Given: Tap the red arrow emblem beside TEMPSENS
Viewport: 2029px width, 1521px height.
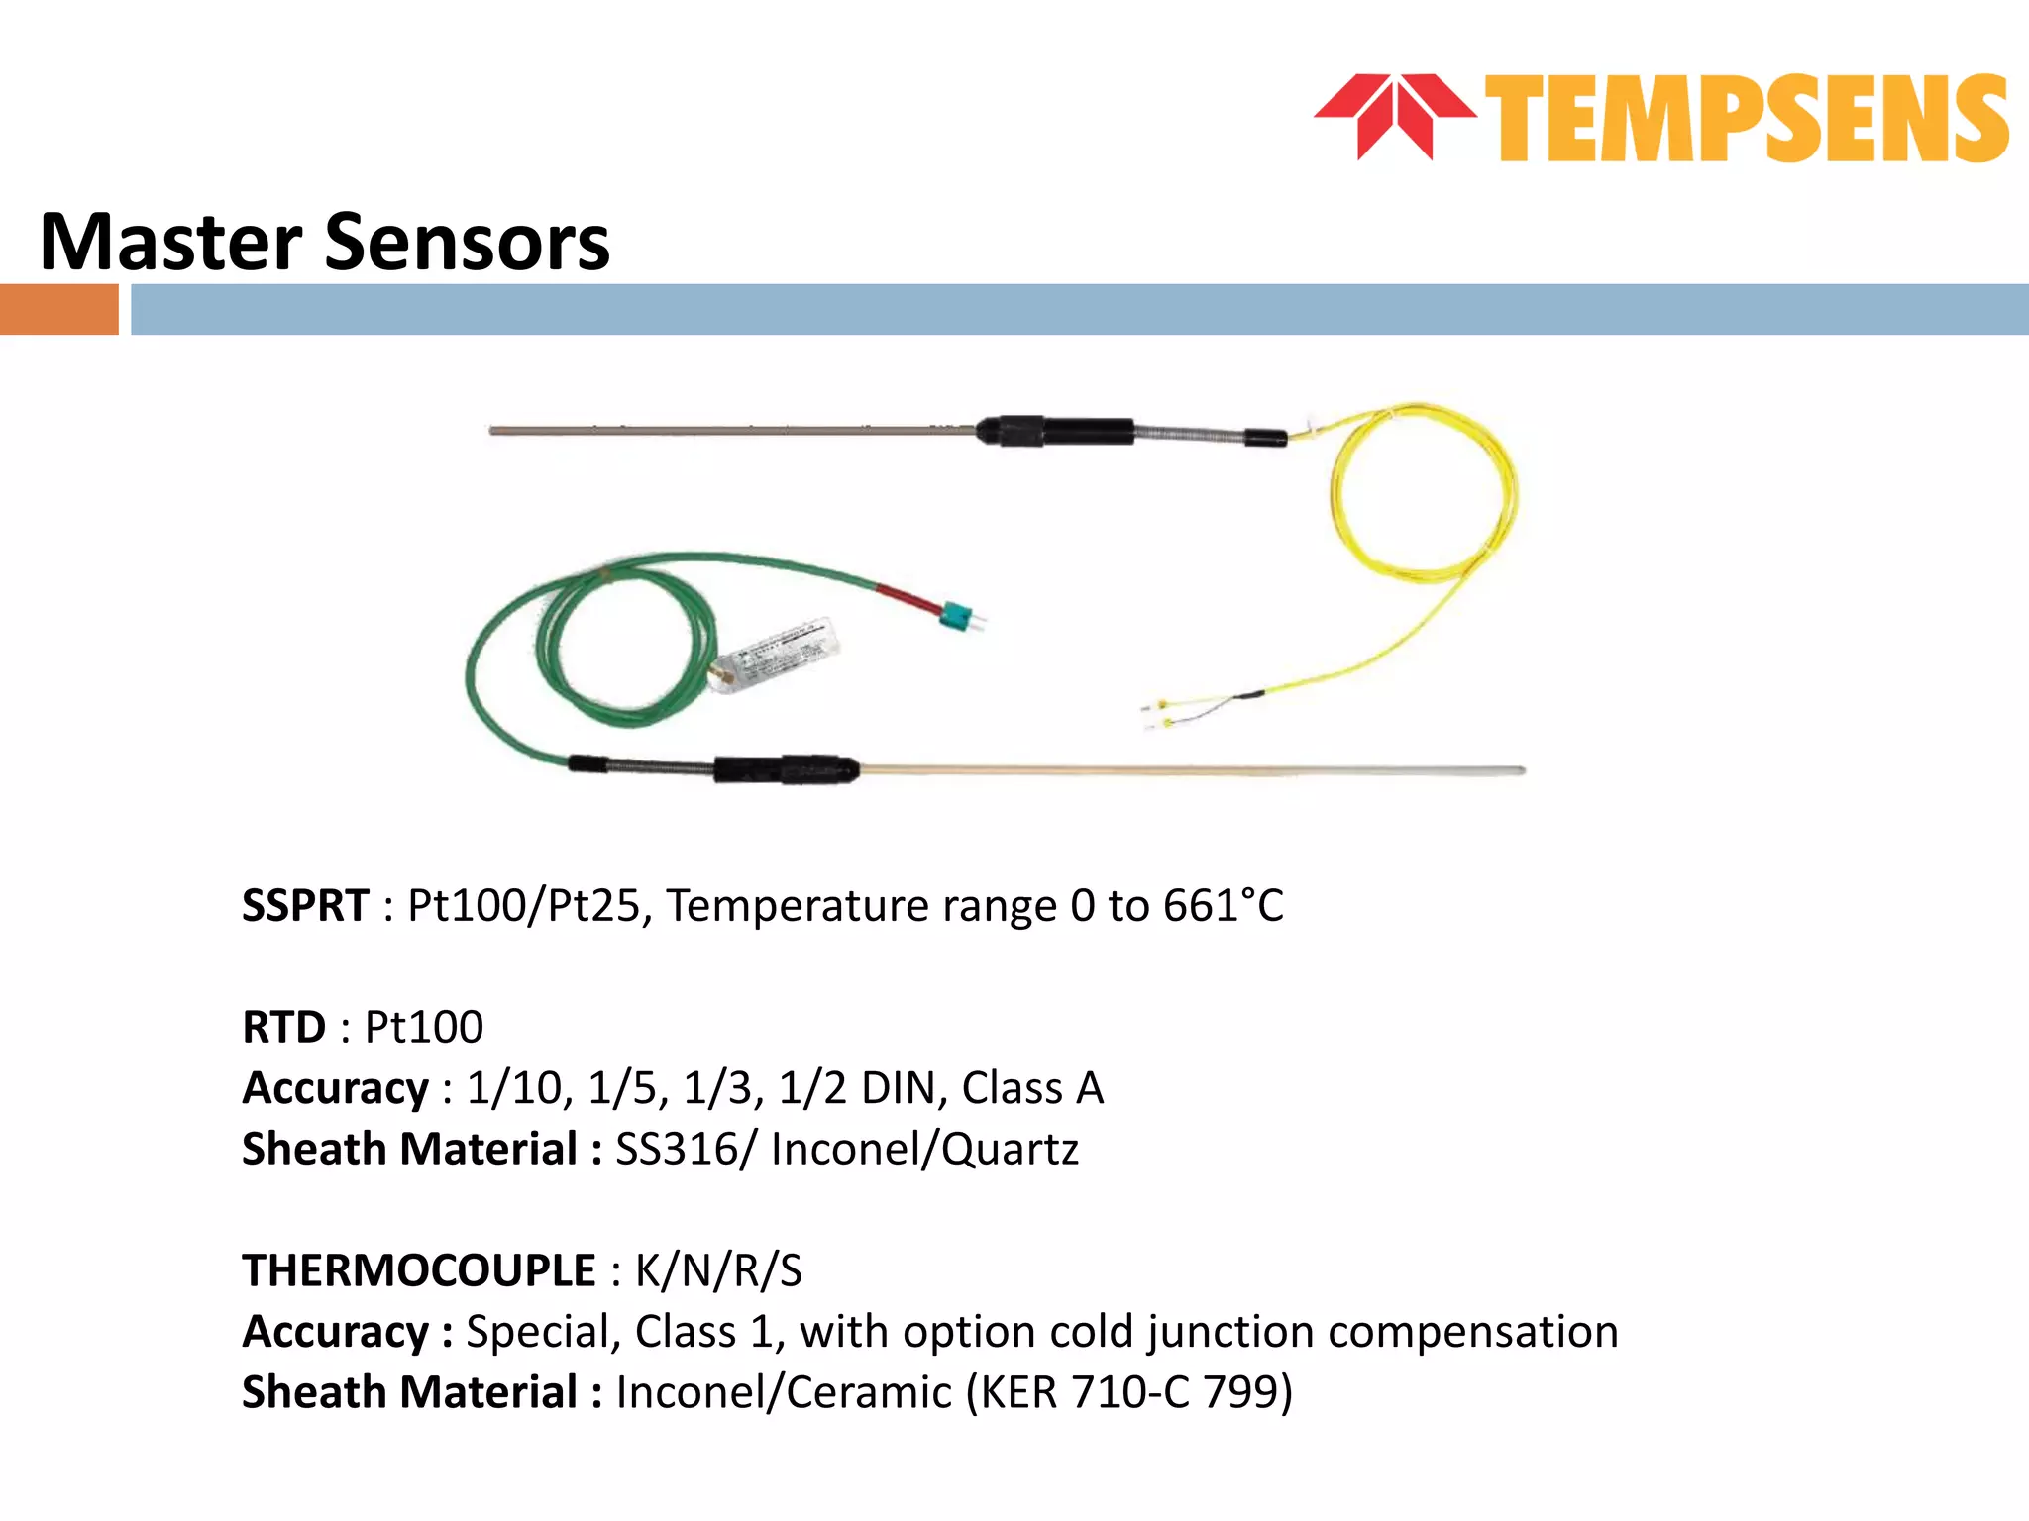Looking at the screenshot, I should point(1394,114).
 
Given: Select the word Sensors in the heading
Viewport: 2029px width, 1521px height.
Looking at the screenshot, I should point(467,243).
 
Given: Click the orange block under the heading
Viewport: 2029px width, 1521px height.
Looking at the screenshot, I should point(58,309).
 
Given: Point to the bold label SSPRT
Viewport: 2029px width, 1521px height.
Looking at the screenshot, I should point(305,906).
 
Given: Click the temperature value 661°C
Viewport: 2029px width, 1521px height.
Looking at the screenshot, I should point(1223,906).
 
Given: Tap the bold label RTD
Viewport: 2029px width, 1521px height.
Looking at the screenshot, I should point(283,1028).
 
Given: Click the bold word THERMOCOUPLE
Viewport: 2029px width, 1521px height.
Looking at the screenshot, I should point(419,1271).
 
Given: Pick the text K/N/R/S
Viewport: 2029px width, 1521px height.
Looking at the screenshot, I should point(718,1271).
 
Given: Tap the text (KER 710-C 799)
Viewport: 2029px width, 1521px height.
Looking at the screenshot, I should point(1129,1393).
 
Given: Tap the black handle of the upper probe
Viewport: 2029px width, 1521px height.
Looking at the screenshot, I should point(1055,432).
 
